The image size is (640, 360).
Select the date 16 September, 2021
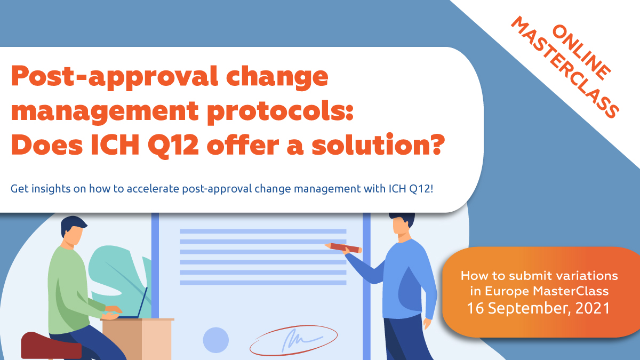click(x=539, y=308)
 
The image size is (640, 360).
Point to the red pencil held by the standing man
click(x=345, y=247)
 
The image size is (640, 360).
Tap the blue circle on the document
click(x=215, y=340)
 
